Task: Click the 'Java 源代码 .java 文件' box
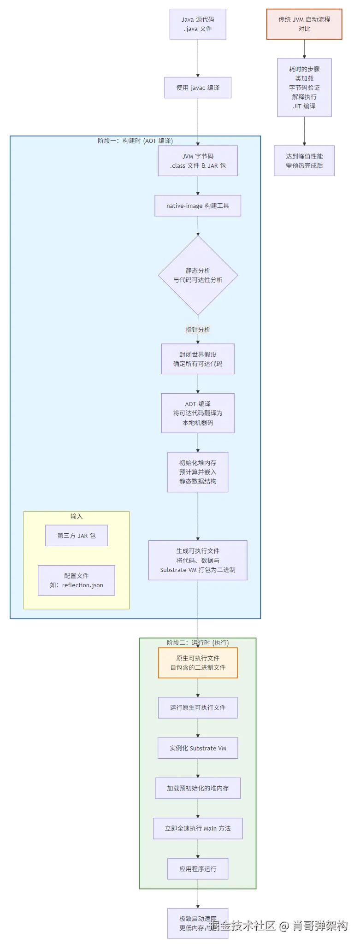[198, 24]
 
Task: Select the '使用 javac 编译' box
[198, 88]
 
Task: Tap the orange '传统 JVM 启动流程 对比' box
[304, 24]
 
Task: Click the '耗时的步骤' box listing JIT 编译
[304, 88]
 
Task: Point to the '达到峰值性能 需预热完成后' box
[304, 161]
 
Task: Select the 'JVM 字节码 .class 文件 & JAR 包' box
[198, 161]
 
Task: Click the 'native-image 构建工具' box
[198, 206]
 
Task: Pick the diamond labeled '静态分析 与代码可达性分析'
[198, 275]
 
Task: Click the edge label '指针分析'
[198, 330]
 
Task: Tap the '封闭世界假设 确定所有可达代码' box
[198, 359]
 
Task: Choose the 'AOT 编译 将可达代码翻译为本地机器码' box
[198, 413]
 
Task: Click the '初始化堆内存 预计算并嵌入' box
[198, 472]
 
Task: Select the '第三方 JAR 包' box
[77, 536]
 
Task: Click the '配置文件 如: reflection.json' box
[77, 580]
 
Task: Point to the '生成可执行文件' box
[198, 560]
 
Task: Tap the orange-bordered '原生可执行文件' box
[198, 663]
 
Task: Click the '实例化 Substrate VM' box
[198, 748]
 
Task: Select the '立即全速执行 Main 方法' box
[198, 828]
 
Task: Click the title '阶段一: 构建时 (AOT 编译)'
[135, 141]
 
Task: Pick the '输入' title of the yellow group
[77, 516]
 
